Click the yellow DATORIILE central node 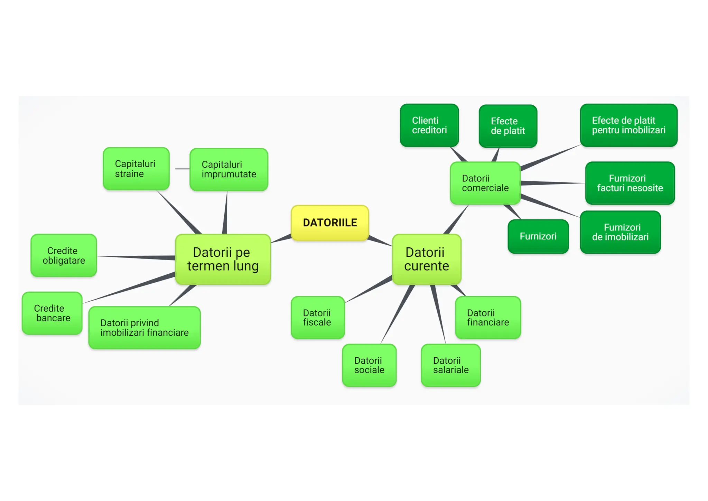coord(330,223)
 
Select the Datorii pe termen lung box coord(223,259)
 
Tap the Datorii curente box coord(427,259)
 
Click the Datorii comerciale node coord(485,183)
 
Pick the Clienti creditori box coord(429,125)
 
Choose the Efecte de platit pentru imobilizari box coord(628,125)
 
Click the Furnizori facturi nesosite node coord(630,183)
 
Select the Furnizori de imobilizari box coord(620,232)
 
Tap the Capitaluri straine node coord(136,169)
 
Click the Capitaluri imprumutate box coord(229,170)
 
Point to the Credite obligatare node coord(64,256)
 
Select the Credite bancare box coord(52,313)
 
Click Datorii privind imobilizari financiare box coord(145,328)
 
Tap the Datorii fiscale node coord(318,318)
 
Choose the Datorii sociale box coord(369,365)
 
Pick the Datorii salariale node coord(451,365)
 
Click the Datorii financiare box coord(488,318)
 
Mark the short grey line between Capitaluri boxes coord(182,169)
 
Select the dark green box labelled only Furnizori coord(538,237)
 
